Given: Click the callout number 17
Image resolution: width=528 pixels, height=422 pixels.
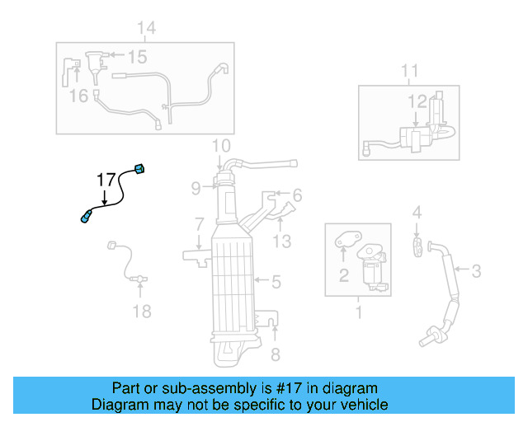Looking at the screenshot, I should click(x=106, y=180).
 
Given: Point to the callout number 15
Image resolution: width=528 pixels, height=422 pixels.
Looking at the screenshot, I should click(x=137, y=57).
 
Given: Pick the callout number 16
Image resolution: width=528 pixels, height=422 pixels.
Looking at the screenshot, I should click(x=78, y=96).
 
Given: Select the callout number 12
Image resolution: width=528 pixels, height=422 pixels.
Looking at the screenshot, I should click(x=417, y=101).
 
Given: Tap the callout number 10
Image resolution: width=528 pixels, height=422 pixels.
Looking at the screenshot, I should click(x=220, y=148).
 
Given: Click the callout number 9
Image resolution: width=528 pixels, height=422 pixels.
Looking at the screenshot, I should click(x=196, y=188).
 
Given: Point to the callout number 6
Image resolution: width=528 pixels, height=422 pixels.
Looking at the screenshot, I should click(x=296, y=195).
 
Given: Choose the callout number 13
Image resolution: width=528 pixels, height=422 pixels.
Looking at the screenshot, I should click(x=282, y=241).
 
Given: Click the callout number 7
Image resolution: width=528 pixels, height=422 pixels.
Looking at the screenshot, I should click(x=199, y=223).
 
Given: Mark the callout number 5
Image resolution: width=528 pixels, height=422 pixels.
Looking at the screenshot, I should click(x=276, y=282).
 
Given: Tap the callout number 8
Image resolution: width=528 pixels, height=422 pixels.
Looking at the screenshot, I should click(x=276, y=355).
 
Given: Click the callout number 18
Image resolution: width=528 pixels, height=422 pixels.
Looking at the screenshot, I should click(x=142, y=311).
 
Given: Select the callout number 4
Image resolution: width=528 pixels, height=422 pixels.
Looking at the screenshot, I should click(x=417, y=213).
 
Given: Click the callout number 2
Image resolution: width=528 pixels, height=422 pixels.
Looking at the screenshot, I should click(x=343, y=275).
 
